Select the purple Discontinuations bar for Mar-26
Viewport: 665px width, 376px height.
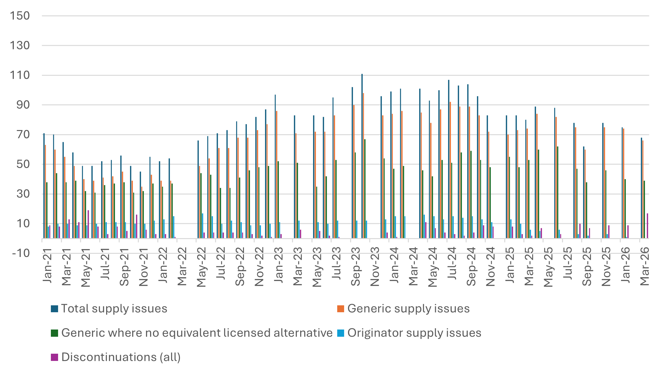click(x=647, y=226)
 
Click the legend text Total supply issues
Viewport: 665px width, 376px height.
click(x=114, y=308)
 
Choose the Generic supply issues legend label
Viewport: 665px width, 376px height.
click(x=408, y=308)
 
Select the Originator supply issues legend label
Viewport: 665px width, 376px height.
click(x=414, y=333)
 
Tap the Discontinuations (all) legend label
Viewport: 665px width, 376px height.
click(x=121, y=357)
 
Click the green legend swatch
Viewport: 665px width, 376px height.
click(x=55, y=333)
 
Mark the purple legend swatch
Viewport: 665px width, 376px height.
click(x=55, y=357)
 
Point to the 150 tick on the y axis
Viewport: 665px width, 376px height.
click(x=19, y=16)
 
